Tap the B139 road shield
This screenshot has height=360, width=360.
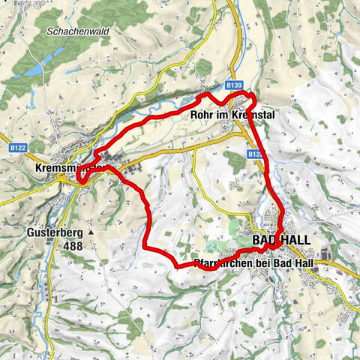(233, 87)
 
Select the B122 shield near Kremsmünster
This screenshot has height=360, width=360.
(19, 148)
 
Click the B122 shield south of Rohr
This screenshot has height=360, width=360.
(255, 154)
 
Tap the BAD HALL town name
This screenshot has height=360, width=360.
(281, 239)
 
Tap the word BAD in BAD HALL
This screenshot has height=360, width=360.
(266, 239)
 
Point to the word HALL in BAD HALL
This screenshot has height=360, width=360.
(295, 239)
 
